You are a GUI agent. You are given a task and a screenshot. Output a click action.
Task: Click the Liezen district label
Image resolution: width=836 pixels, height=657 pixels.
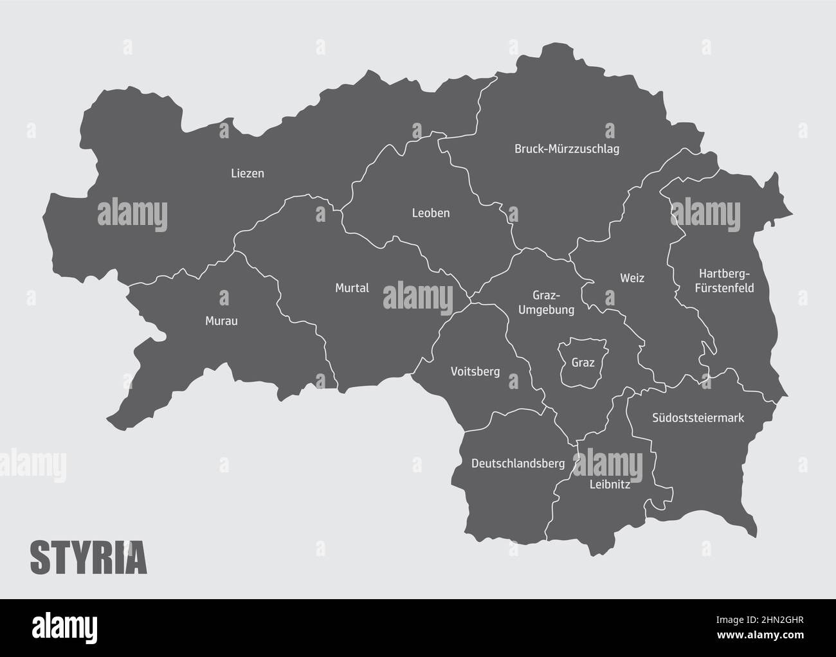248,174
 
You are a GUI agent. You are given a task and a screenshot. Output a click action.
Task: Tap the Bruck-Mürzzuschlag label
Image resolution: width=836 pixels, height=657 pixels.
567,149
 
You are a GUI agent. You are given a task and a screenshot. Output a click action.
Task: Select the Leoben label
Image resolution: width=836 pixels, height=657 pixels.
431,213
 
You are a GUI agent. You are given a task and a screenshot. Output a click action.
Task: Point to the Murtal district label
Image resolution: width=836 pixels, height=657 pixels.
352,288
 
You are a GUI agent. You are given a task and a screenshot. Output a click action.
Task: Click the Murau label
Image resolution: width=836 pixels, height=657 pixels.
221,321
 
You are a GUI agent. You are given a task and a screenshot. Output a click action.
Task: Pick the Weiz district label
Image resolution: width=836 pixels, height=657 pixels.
632,278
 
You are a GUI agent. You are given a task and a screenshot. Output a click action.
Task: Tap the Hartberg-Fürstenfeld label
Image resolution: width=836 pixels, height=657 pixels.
724,281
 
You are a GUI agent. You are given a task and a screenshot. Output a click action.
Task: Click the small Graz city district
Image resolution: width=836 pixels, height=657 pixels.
583,363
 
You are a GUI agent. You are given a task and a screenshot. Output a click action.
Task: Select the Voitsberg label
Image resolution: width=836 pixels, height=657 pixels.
475,372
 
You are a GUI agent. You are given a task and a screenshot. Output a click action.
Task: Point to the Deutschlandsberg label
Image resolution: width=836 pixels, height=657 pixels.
518,463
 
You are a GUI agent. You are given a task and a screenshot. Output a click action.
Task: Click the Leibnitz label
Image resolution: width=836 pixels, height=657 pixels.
610,485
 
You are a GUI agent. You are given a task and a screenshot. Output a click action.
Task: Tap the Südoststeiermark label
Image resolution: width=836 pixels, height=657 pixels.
698,418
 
